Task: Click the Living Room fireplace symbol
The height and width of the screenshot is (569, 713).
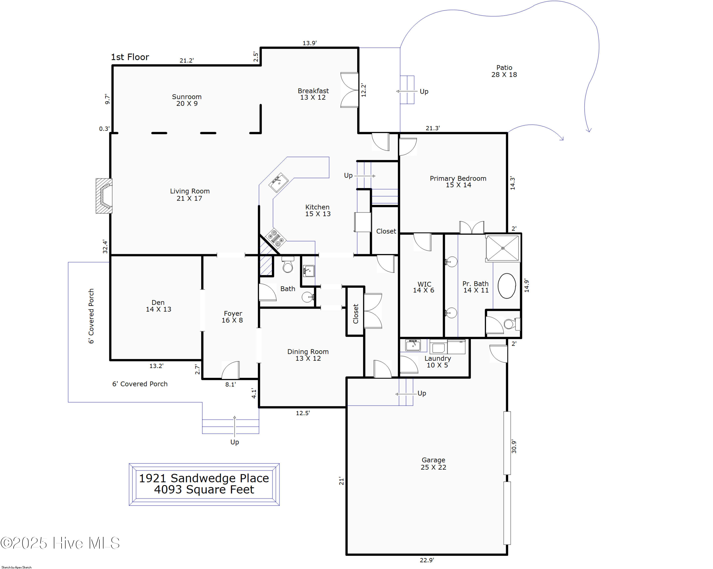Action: click(x=104, y=196)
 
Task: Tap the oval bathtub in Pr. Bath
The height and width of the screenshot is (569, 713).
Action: click(x=507, y=286)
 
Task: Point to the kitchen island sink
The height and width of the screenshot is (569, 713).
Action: click(x=279, y=182)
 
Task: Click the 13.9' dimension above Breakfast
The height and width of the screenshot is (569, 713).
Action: click(x=309, y=43)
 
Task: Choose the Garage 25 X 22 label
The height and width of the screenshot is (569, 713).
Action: click(x=433, y=463)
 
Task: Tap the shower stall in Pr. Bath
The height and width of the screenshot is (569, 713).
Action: click(x=502, y=248)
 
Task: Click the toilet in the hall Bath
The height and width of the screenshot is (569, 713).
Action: click(x=288, y=264)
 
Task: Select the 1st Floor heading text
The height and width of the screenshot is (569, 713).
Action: click(x=130, y=57)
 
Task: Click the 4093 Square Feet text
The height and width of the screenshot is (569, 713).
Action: click(x=204, y=490)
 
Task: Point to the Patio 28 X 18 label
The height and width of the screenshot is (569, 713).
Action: click(x=504, y=71)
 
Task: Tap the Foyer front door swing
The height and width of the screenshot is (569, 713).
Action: click(x=231, y=370)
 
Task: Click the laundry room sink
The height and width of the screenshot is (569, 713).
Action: click(x=413, y=345)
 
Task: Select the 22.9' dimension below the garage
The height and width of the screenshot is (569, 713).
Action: click(x=427, y=560)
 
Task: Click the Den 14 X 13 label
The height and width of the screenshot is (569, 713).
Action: click(x=159, y=306)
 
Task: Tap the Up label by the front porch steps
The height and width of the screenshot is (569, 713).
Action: click(x=235, y=442)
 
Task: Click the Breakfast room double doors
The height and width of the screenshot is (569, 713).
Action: click(x=350, y=90)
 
